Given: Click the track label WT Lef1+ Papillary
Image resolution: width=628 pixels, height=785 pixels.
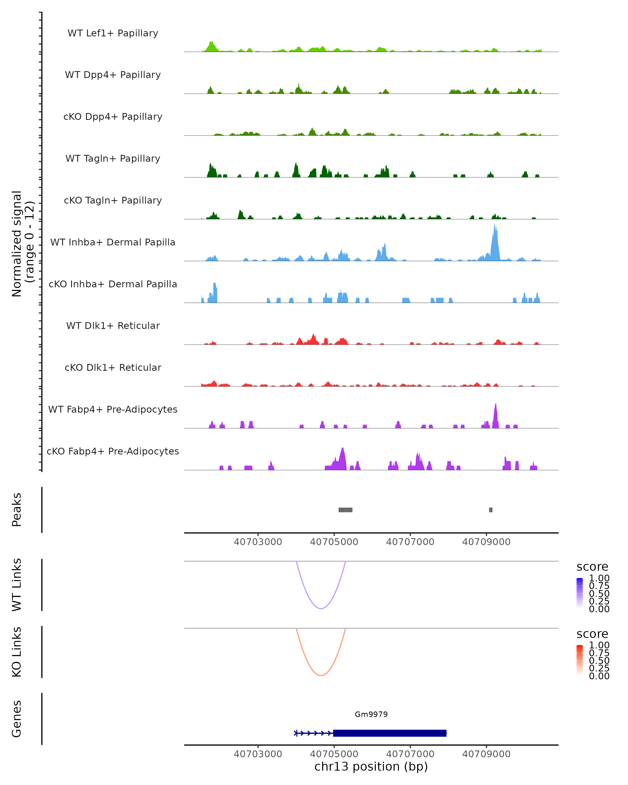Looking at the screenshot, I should [113, 33].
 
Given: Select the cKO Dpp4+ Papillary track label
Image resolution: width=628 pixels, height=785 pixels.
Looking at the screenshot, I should [113, 116].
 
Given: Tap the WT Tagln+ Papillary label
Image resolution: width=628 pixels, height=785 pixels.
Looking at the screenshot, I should [113, 158].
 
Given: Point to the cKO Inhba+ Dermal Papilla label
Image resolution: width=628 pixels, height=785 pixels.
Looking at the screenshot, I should [113, 284].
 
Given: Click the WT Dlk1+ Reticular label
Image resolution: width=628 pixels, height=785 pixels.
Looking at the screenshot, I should [113, 326].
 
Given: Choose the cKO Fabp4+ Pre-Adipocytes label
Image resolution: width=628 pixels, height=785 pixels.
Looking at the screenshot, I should [113, 451].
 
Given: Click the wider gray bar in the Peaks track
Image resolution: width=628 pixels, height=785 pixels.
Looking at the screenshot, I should [345, 510].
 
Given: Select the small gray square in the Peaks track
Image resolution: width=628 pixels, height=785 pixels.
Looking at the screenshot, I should [491, 510].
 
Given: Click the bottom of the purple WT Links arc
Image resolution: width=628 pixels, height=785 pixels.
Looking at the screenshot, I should [321, 608].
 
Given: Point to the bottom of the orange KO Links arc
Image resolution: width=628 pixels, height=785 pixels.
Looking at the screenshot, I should [321, 675].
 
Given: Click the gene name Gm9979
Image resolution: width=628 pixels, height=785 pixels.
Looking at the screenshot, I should [371, 714].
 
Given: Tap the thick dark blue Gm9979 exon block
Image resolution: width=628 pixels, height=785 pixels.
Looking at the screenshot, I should [390, 733].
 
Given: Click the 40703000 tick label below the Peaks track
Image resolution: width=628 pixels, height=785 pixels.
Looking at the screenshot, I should [258, 542].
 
